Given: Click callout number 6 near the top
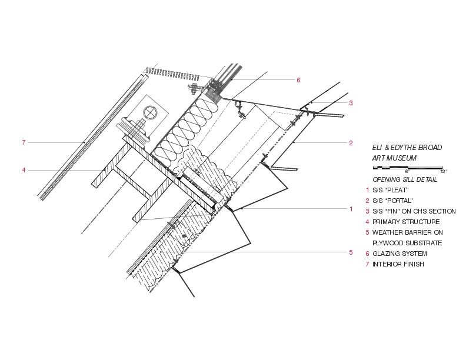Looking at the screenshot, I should tap(298, 80).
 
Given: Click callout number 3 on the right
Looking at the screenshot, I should tap(351, 103).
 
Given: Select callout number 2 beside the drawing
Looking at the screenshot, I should tap(351, 143).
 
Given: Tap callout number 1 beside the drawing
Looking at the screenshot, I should tap(351, 209).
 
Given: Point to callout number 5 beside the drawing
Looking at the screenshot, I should tap(351, 252).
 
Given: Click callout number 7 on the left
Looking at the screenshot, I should tap(23, 142).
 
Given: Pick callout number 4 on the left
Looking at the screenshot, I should tap(24, 171).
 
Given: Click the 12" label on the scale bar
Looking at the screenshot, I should tap(443, 172).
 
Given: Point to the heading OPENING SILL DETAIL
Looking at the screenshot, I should tap(405, 179).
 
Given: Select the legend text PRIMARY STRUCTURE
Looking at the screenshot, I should tap(406, 222).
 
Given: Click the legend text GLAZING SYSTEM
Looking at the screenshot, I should tap(400, 254).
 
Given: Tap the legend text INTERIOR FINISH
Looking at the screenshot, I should tap(398, 264).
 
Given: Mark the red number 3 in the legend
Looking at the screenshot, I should tap(367, 211).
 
